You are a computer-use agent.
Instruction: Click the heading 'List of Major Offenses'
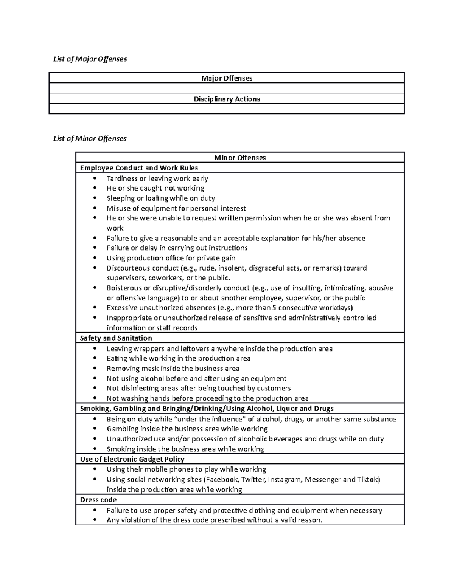click(x=90, y=59)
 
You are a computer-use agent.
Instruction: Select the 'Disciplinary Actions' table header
click(x=227, y=99)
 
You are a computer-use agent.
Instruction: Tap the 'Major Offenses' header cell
click(x=227, y=78)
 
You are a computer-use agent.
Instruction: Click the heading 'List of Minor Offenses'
click(x=90, y=139)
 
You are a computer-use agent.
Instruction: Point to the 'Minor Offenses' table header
click(x=240, y=158)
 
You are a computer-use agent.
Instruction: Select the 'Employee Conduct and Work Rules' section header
click(x=139, y=168)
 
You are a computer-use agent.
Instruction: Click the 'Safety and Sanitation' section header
click(x=116, y=338)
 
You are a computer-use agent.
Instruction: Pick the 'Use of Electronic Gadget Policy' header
click(x=132, y=459)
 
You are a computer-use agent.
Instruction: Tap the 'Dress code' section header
click(x=98, y=500)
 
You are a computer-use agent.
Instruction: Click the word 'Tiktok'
click(x=368, y=480)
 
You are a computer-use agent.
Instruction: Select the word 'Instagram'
click(x=286, y=480)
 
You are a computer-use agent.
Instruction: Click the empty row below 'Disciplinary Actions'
click(x=227, y=109)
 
